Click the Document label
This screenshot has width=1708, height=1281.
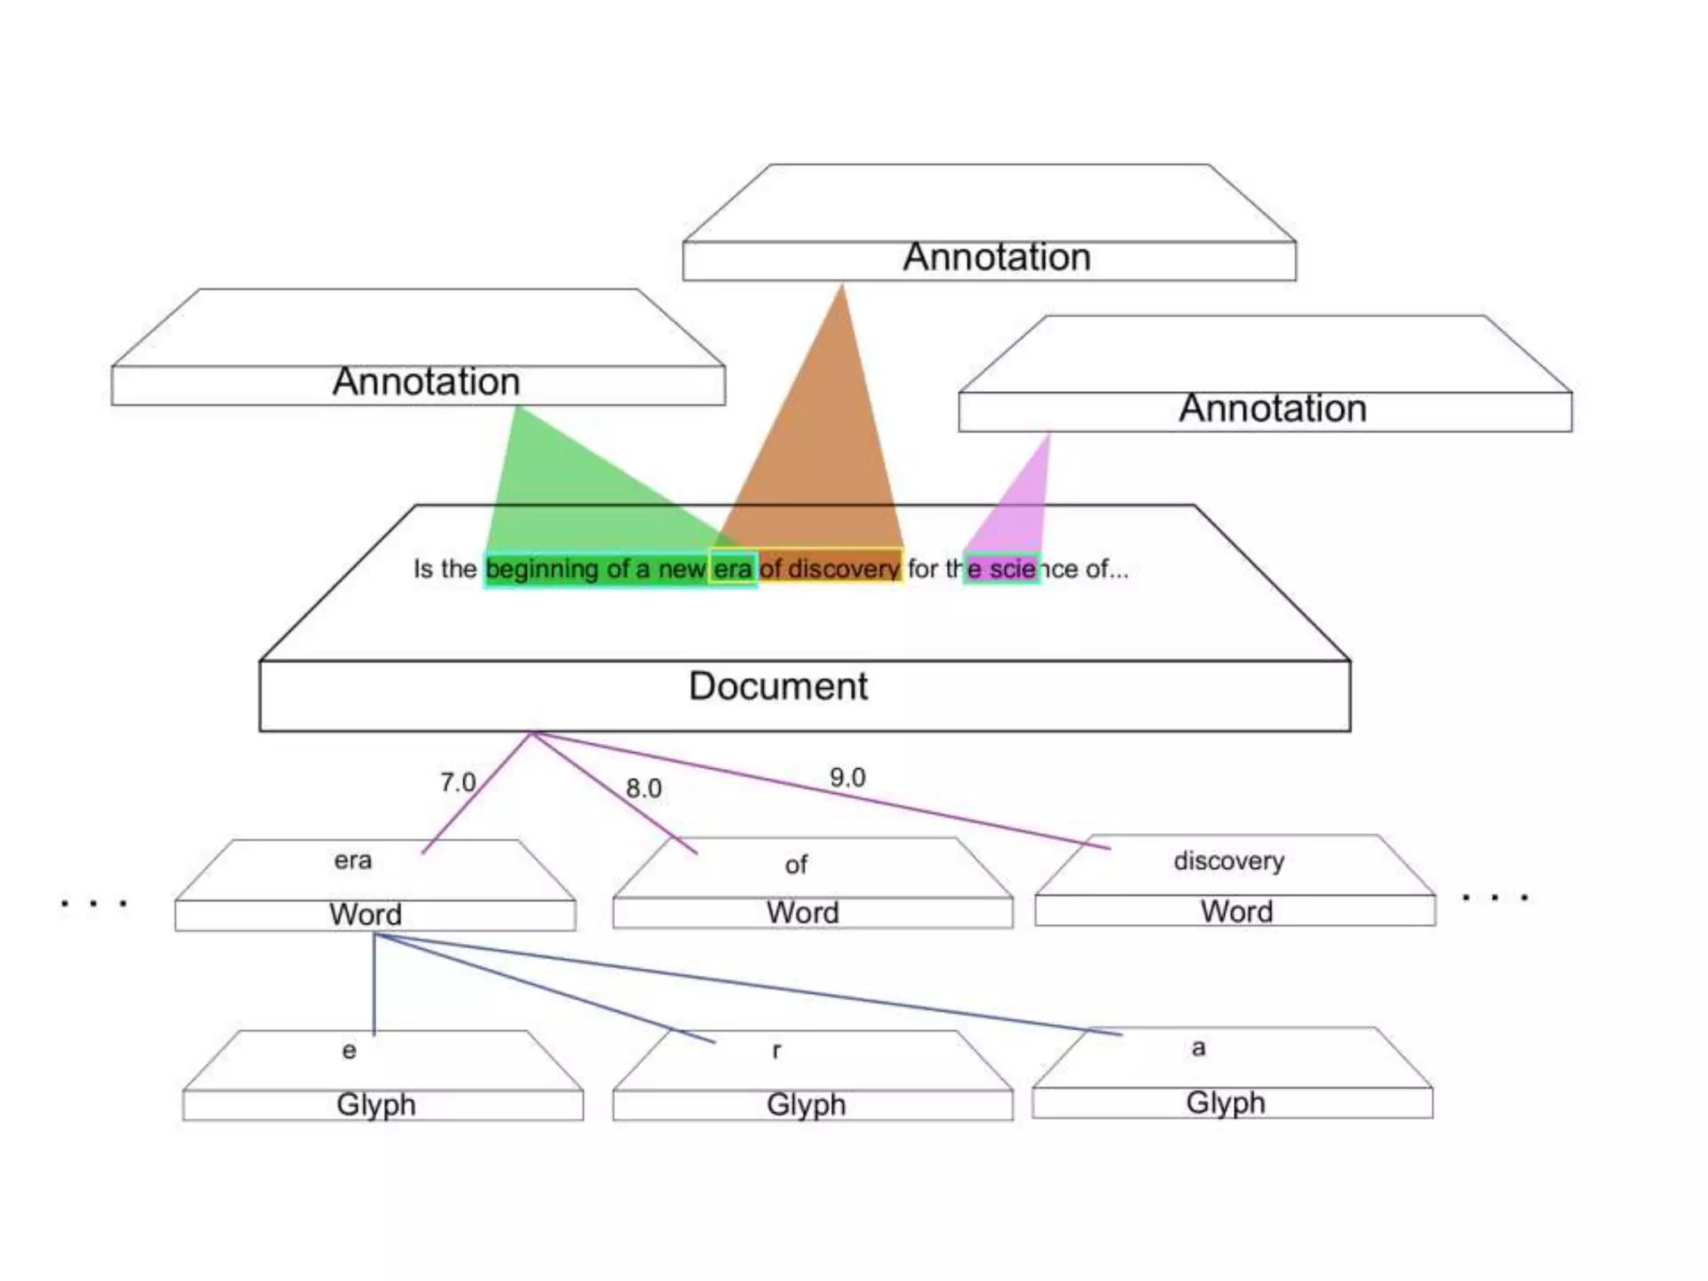(x=777, y=686)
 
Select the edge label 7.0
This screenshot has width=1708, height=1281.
(x=457, y=782)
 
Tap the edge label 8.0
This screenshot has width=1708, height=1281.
(x=643, y=788)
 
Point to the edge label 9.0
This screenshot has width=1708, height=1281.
(x=847, y=777)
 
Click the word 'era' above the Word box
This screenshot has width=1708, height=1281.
(x=353, y=860)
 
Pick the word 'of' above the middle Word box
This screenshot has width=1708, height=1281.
(x=796, y=865)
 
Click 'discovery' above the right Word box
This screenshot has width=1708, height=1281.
(x=1228, y=861)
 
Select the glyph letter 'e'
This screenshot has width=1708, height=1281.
(x=349, y=1051)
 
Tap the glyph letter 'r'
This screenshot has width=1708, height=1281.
(x=776, y=1051)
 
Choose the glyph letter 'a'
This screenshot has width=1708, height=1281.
(x=1198, y=1047)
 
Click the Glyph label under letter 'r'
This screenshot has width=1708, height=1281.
(x=806, y=1104)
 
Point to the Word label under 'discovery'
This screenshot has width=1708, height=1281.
(x=1236, y=912)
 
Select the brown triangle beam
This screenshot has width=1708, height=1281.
(x=826, y=450)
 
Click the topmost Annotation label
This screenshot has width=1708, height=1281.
(x=997, y=257)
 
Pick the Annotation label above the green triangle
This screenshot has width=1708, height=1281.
(x=426, y=382)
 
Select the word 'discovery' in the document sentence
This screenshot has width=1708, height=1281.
(x=843, y=569)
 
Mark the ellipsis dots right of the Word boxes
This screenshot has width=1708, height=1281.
(x=1494, y=898)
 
